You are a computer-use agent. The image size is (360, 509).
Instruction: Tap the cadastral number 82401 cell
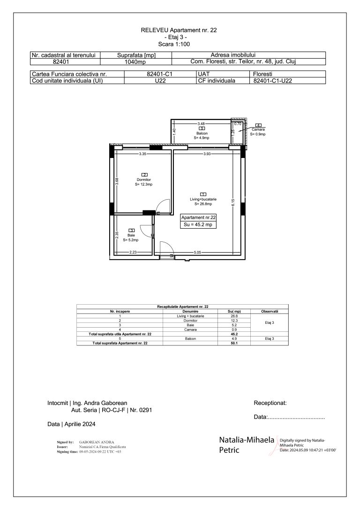click(65, 61)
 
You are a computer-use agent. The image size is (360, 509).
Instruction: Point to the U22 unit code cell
click(160, 81)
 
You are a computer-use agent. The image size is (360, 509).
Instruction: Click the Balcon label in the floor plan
click(202, 134)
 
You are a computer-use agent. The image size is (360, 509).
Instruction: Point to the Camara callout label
click(258, 130)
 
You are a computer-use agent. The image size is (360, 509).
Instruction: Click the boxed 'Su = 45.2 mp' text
click(199, 225)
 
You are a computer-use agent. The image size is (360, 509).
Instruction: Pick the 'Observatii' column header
click(270, 311)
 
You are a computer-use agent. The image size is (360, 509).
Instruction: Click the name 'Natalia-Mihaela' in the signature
click(247, 440)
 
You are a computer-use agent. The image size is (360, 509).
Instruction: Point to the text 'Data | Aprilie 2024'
click(71, 424)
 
